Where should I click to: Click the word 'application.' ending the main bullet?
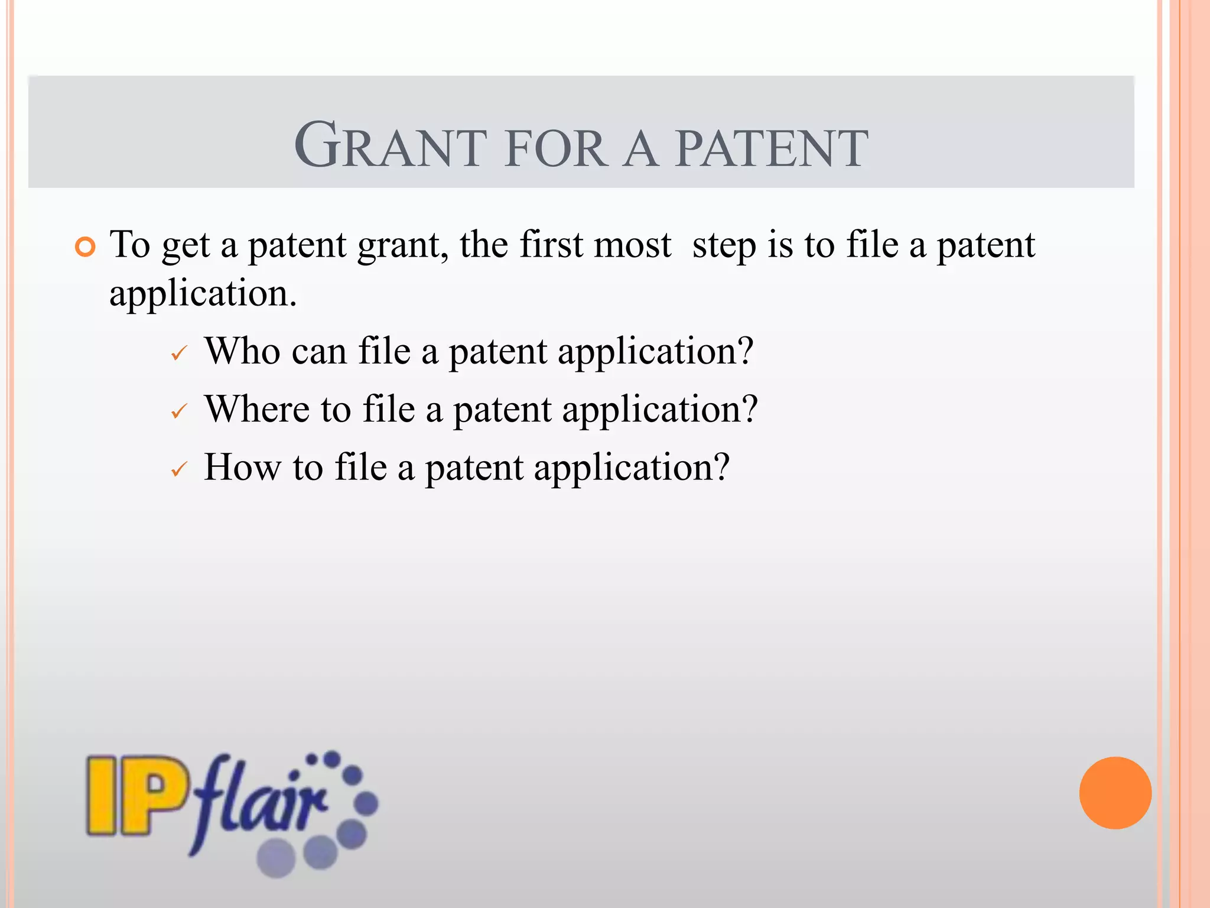click(203, 294)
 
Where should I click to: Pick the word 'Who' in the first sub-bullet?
click(242, 351)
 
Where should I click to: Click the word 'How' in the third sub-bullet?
click(242, 467)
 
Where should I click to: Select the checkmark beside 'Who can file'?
click(178, 354)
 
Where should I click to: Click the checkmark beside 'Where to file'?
click(178, 411)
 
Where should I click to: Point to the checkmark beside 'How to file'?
click(178, 470)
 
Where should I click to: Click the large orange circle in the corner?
click(1115, 793)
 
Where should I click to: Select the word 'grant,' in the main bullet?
click(403, 245)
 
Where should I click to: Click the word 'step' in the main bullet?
click(724, 245)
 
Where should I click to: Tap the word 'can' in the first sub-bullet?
click(319, 352)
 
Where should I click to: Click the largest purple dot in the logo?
click(277, 858)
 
